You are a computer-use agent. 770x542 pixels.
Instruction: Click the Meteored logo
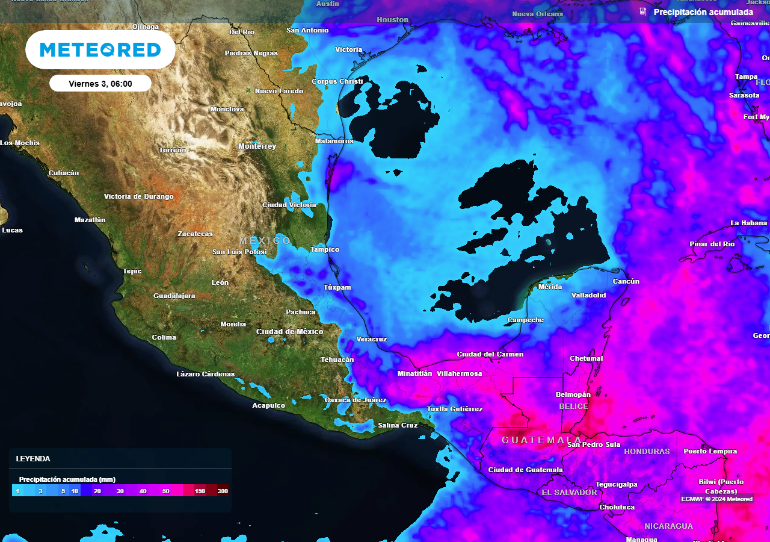coord(100,49)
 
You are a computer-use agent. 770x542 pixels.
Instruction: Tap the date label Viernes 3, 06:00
coord(100,84)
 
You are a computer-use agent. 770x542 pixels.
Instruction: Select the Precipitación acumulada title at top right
coord(703,12)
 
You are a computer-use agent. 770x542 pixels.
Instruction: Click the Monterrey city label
coord(257,146)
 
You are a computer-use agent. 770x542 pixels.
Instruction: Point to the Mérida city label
coord(550,287)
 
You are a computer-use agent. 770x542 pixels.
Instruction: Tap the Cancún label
coord(626,281)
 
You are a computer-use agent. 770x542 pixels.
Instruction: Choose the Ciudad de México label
coord(289,332)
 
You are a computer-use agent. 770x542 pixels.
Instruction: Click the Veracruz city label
coord(371,339)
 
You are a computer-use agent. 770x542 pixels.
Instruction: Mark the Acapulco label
coord(268,405)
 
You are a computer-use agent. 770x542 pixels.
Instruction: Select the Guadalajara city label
coord(174,296)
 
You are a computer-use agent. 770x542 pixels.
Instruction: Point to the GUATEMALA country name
coord(541,440)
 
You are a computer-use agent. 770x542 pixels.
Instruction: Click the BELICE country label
coord(573,406)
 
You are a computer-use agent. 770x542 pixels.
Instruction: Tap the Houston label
coord(392,20)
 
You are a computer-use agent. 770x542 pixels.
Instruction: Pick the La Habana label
coord(748,223)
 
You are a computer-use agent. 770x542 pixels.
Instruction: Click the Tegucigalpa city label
coord(616,484)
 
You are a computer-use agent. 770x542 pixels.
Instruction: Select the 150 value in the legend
coord(200,491)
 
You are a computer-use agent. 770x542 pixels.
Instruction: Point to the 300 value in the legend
coord(223,491)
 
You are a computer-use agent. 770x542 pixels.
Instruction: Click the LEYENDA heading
coord(33,458)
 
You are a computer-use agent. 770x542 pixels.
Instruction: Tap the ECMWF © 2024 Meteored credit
coord(716,499)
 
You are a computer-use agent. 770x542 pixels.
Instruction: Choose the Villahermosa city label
coord(459,373)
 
